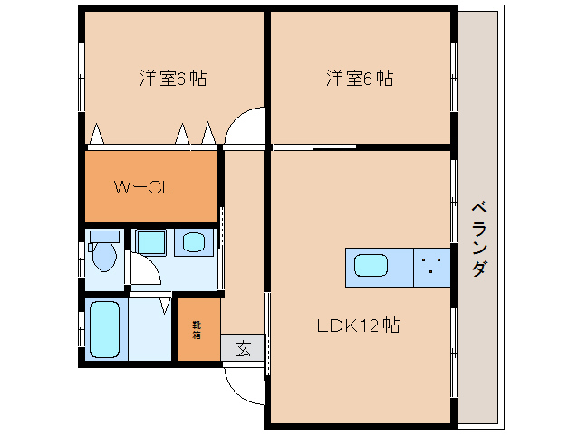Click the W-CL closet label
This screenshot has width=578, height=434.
click(143, 188)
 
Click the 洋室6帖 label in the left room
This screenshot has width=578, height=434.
click(172, 79)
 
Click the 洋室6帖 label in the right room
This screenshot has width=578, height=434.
click(360, 79)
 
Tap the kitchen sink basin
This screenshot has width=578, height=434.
click(371, 266)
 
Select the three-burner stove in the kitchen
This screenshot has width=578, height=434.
click(433, 266)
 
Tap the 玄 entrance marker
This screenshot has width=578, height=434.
click(243, 346)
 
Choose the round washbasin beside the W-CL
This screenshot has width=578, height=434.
click(194, 242)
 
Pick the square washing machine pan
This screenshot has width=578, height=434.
click(151, 242)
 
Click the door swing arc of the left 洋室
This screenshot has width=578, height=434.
click(242, 127)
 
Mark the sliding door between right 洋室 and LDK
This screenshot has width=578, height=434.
click(313, 146)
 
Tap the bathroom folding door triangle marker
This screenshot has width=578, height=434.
click(165, 306)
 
